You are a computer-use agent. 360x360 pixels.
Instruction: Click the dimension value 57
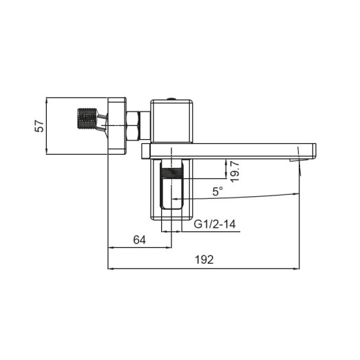[39, 125]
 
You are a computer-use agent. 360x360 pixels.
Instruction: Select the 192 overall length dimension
[204, 260]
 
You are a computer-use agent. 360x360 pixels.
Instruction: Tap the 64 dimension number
[140, 240]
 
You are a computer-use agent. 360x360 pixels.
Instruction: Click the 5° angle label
[218, 193]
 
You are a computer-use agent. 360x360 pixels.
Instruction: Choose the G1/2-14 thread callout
[216, 224]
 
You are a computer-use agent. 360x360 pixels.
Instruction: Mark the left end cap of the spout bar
[145, 150]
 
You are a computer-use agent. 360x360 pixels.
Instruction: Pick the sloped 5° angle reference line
[248, 200]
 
